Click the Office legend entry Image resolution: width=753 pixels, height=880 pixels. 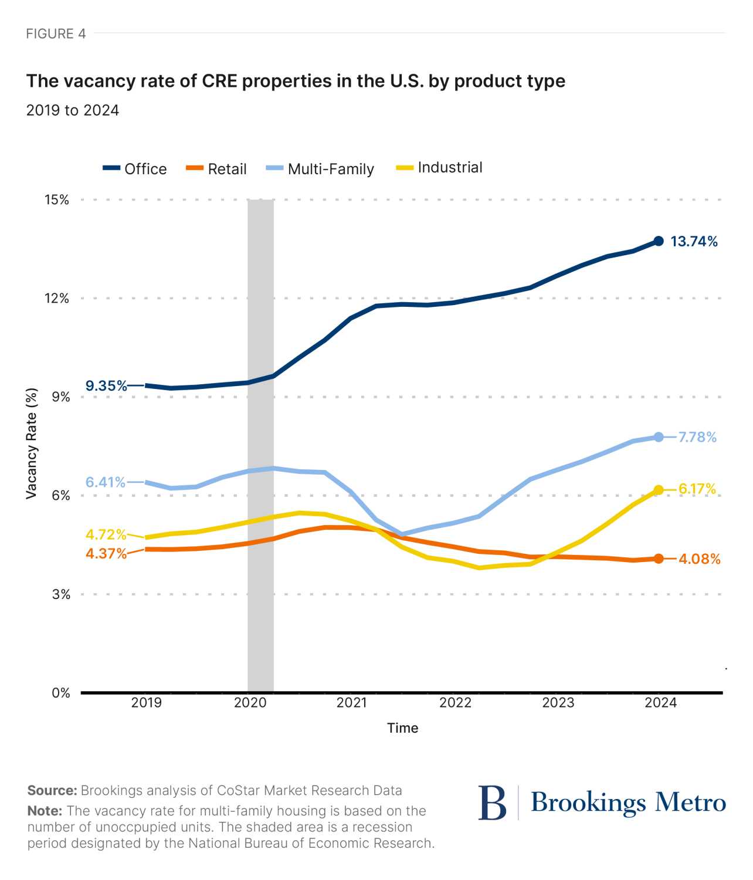[134, 168]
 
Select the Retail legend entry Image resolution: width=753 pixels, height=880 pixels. [216, 168]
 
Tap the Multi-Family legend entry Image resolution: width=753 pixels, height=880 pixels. [320, 169]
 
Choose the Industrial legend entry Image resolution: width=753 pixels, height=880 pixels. [439, 167]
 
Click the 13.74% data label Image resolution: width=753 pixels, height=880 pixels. [694, 241]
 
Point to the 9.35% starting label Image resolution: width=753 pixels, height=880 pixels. [106, 385]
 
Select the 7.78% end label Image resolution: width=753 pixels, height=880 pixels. [697, 437]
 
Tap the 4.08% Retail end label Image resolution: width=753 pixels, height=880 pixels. [700, 559]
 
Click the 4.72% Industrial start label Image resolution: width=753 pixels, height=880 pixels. [106, 534]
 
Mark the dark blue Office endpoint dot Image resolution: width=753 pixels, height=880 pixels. [659, 241]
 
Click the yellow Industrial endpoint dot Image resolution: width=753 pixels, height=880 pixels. [659, 490]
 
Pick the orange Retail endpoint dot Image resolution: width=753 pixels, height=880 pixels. [659, 559]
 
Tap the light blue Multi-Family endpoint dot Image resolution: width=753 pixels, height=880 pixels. [659, 437]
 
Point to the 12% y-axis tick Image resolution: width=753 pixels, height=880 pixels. [57, 298]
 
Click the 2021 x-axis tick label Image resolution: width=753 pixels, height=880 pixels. [352, 702]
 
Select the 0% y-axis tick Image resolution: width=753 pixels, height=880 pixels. [61, 693]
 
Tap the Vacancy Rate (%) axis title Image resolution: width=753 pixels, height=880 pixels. [32, 443]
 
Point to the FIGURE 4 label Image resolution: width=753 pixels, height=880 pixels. [56, 33]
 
